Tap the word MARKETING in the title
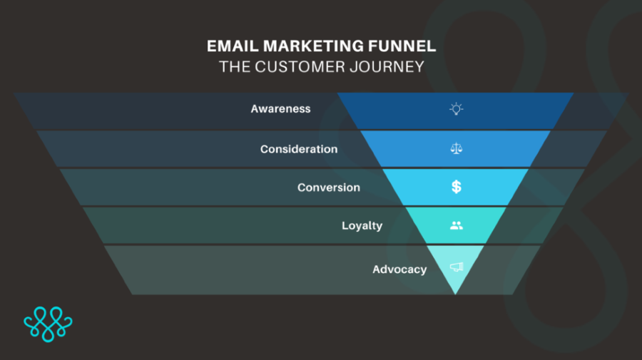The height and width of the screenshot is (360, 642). [x=313, y=46]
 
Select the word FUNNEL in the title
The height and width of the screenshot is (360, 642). [x=402, y=46]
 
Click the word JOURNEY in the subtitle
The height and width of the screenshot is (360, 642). [x=387, y=67]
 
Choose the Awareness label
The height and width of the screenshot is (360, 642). [x=281, y=109]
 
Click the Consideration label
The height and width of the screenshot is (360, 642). [x=299, y=149]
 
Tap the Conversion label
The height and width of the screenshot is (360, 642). [x=329, y=187]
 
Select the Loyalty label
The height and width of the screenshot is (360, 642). [x=362, y=226]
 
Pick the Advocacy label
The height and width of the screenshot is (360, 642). [x=399, y=269]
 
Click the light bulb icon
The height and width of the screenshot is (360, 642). [x=456, y=109]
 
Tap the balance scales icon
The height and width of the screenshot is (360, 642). [x=456, y=148]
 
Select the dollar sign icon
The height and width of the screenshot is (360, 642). [x=456, y=187]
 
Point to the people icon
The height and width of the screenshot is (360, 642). [x=456, y=225]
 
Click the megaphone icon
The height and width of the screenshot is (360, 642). [x=457, y=267]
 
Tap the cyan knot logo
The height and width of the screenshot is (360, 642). [x=48, y=324]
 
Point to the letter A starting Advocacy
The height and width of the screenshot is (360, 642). [x=376, y=269]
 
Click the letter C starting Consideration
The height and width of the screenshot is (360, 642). [x=265, y=149]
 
